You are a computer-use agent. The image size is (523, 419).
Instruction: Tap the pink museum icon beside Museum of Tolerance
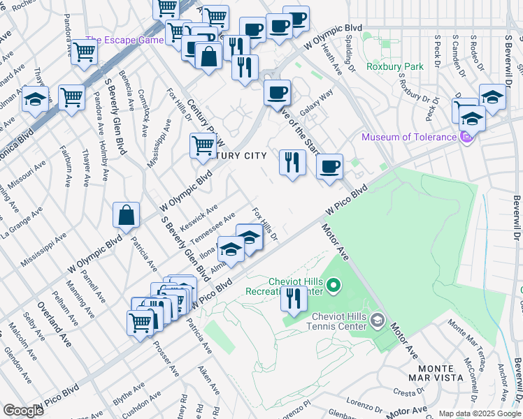pyautogui.click(x=466, y=138)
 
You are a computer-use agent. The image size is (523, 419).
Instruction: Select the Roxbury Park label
pyautogui.click(x=385, y=67)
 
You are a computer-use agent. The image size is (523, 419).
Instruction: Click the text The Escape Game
pyautogui.click(x=124, y=40)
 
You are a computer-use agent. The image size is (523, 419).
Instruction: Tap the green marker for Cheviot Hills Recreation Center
pyautogui.click(x=334, y=285)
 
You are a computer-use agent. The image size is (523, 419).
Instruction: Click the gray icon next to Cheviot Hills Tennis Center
pyautogui.click(x=378, y=321)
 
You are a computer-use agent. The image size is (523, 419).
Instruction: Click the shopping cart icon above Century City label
pyautogui.click(x=203, y=146)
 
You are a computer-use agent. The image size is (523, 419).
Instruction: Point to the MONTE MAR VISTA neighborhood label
pyautogui.click(x=440, y=372)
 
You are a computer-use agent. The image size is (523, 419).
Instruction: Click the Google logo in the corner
pyautogui.click(x=23, y=411)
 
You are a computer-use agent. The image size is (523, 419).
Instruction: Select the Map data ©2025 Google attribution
pyautogui.click(x=480, y=413)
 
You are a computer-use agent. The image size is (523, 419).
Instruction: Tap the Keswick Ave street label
pyautogui.click(x=199, y=219)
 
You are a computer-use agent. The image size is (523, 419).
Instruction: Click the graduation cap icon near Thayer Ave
pyautogui.click(x=35, y=100)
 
